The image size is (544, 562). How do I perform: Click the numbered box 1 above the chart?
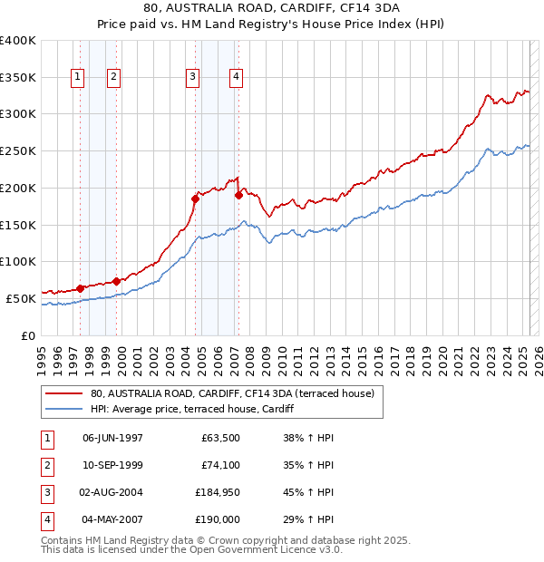pos(77,78)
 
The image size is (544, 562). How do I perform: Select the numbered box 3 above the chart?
pos(193,78)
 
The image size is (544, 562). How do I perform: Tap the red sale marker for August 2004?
pos(195,199)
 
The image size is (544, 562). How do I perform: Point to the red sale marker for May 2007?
pos(238,195)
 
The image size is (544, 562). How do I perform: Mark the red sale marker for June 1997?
pos(80,288)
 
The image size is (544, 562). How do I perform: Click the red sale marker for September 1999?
pos(116,281)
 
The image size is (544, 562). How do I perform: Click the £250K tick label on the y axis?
pos(18,150)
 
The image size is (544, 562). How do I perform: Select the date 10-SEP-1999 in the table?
pos(112,466)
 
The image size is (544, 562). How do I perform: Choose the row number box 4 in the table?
pos(46,521)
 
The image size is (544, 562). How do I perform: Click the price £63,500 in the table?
pos(219,438)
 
